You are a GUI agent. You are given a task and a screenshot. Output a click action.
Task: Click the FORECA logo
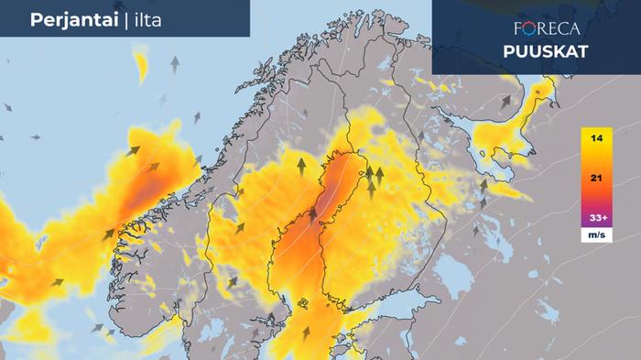point(548,28)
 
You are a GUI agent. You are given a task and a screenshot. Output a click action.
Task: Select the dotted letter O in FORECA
point(531,28)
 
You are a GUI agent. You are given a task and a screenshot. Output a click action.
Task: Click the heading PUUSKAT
point(545,50)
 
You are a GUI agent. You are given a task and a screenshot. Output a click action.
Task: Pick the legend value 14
point(596,137)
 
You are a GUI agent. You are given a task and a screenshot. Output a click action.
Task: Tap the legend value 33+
point(596,220)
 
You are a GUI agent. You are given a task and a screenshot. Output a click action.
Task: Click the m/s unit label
point(596,236)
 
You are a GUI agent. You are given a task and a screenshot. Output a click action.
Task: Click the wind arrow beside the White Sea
point(505,102)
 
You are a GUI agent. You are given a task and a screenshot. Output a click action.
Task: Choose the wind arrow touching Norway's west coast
point(109,235)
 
